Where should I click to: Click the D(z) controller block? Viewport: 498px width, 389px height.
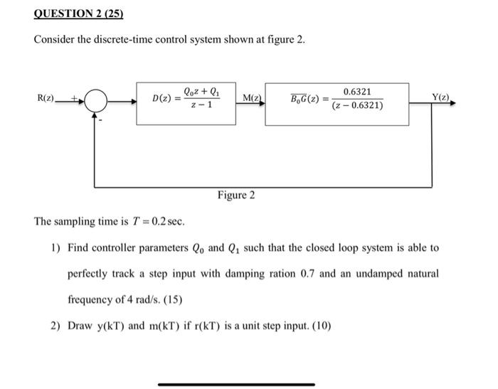187,103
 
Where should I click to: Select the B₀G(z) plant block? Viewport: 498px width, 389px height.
337,104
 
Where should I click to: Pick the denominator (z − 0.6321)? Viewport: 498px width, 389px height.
357,107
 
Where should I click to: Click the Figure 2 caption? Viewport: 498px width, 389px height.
236,195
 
